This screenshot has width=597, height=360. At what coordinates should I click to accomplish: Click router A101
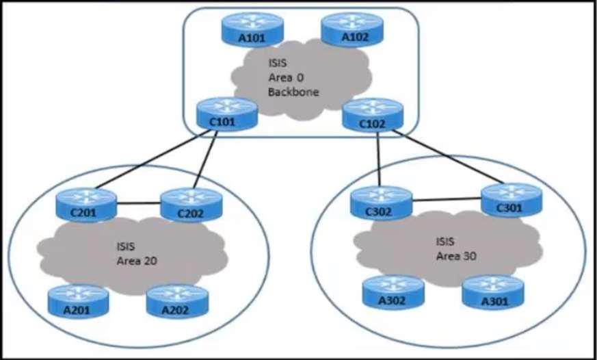252,29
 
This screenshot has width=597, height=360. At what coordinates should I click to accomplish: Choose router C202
191,205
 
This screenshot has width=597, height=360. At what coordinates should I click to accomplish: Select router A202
176,301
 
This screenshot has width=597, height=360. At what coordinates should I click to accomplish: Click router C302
382,203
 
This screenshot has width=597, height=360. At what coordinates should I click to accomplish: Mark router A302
393,292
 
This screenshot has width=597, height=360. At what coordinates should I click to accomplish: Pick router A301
492,292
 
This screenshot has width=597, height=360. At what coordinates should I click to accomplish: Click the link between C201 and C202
138,202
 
